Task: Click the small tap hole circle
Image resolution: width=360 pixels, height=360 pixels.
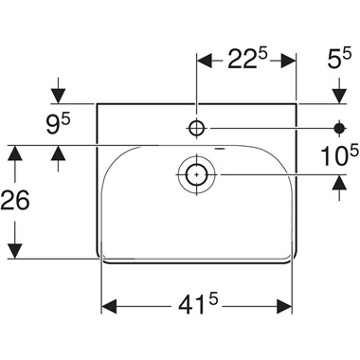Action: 196,126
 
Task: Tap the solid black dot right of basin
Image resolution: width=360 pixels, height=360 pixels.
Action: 338,126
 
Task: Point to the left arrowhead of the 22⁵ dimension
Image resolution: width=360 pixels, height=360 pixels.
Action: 204,60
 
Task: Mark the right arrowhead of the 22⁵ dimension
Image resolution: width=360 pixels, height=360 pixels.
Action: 290,60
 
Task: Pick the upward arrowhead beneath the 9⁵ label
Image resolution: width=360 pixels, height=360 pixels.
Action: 60,152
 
